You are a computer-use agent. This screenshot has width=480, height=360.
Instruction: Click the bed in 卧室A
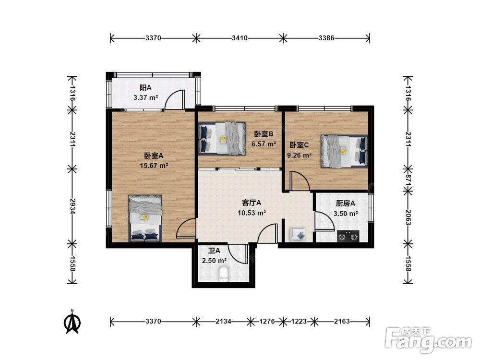click(x=145, y=218)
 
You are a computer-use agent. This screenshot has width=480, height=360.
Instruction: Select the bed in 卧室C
click(x=344, y=151)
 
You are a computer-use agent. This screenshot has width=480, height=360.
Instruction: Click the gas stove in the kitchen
click(x=348, y=236)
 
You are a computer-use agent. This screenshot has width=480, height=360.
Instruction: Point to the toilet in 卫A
click(x=224, y=274)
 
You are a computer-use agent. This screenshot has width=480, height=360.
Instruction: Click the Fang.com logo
click(x=429, y=340)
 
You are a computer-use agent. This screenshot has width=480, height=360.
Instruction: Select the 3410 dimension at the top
click(x=240, y=38)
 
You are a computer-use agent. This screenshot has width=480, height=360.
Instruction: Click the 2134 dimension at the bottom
click(x=224, y=322)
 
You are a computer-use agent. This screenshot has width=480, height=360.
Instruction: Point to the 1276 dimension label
click(x=267, y=322)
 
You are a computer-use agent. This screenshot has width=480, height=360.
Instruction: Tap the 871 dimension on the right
click(x=408, y=180)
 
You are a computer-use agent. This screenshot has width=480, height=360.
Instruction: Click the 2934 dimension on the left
click(x=72, y=206)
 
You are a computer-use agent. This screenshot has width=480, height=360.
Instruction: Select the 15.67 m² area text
click(x=154, y=166)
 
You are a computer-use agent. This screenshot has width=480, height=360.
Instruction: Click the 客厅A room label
click(x=252, y=203)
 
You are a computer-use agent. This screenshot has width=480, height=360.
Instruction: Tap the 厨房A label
click(x=345, y=203)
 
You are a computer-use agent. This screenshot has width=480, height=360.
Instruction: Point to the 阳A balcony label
click(x=145, y=88)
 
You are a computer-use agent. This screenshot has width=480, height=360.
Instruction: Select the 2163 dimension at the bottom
click(x=342, y=322)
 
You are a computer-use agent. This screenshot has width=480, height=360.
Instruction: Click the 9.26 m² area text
click(x=300, y=155)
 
